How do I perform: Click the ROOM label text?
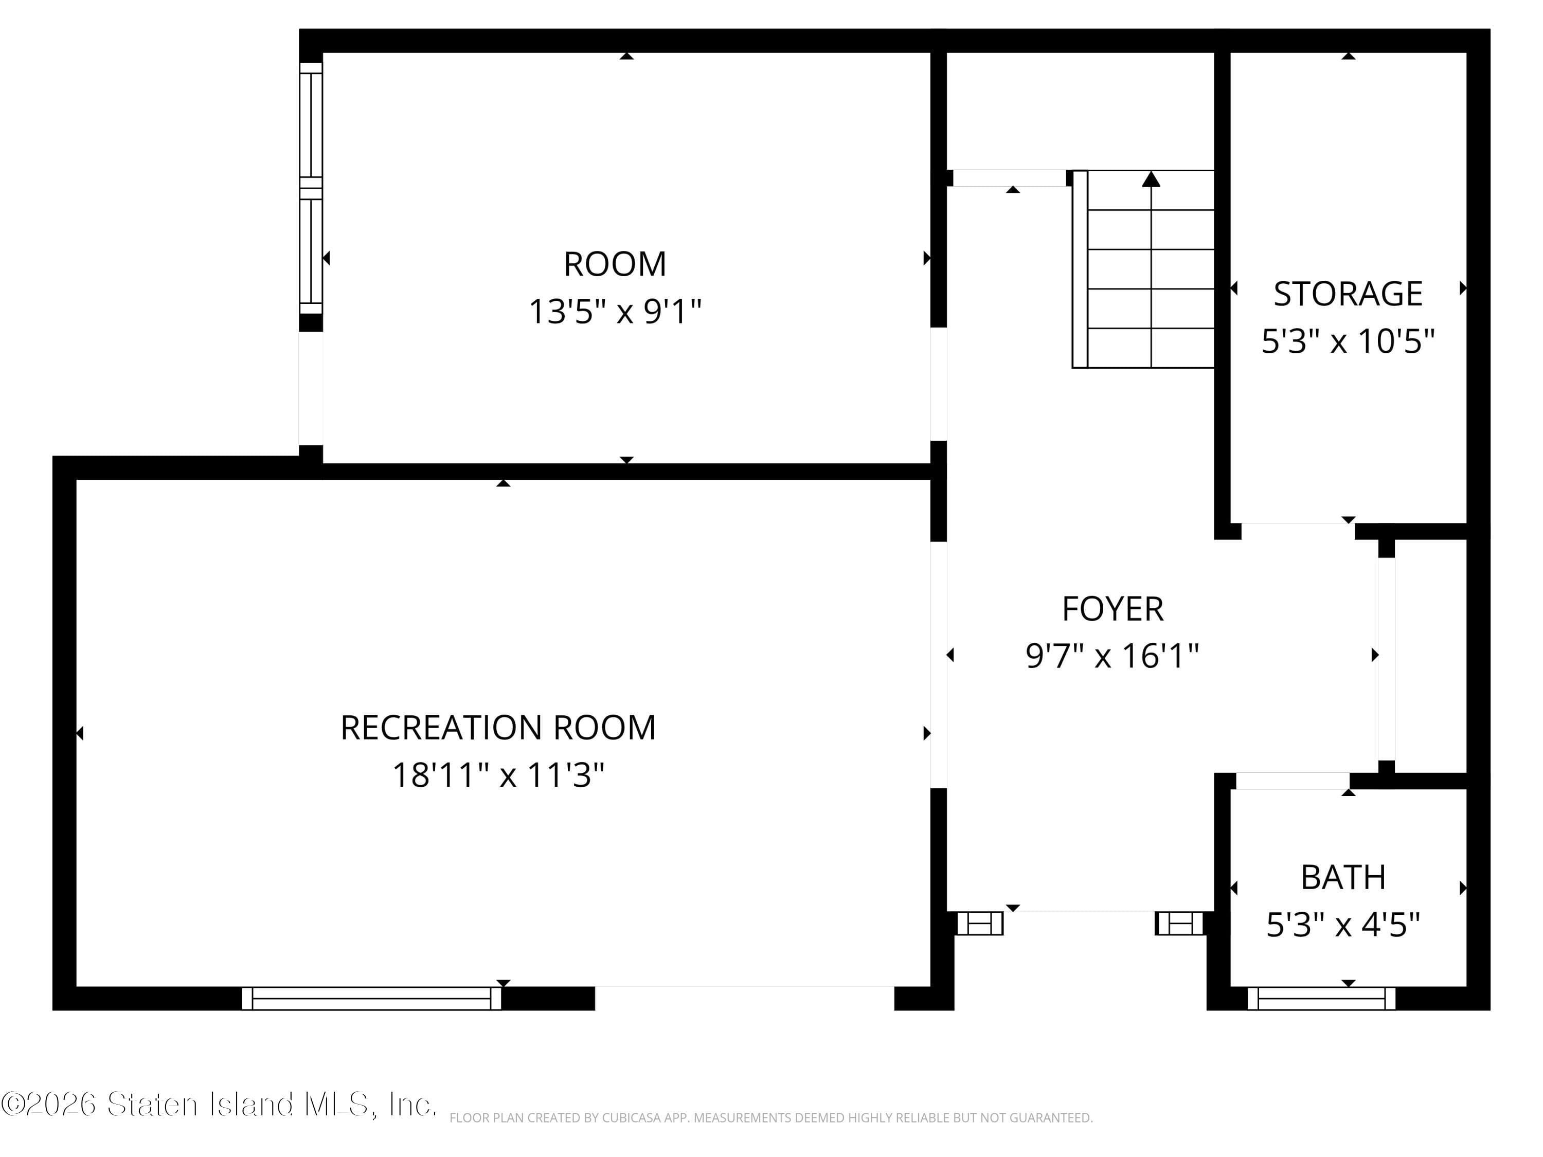[x=615, y=264]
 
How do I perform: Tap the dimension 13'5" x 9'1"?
[x=615, y=311]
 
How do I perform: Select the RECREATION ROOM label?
[x=498, y=728]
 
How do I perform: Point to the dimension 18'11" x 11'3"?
[x=498, y=775]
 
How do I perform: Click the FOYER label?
[x=1113, y=609]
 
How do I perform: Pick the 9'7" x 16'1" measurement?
[x=1112, y=656]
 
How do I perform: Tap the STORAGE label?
[x=1348, y=294]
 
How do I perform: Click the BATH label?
[x=1343, y=877]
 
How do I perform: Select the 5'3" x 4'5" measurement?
[x=1343, y=925]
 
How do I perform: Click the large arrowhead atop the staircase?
[x=1151, y=179]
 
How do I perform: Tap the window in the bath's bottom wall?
[x=1321, y=998]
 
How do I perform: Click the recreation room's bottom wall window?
[x=371, y=998]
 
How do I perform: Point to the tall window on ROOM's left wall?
[x=311, y=188]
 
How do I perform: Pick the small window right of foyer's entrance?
[x=1179, y=924]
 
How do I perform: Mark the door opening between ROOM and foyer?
[x=939, y=384]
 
